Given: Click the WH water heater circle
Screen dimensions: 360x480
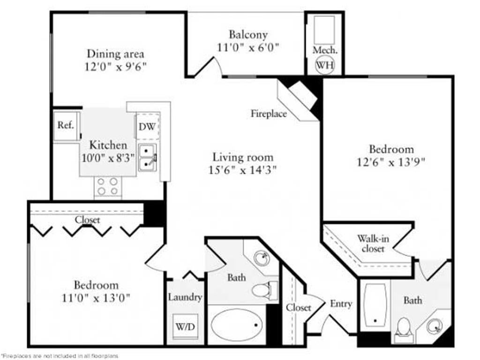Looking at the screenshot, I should pos(324,65).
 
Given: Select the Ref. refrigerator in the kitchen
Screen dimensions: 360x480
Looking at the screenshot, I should pos(66,125).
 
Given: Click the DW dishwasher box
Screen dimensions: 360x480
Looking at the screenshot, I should pos(147,126).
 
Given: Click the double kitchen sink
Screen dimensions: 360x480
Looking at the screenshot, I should pos(148,157).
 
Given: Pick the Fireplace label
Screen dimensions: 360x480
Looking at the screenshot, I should pos(268,113).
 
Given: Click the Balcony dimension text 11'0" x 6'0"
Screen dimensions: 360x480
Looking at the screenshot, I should pos(248,47).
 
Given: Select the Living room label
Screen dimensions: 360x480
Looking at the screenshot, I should pos(242,157).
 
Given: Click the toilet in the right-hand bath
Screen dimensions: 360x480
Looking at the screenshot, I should pos(404,328).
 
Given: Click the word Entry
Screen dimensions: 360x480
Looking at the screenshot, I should pos(341,304).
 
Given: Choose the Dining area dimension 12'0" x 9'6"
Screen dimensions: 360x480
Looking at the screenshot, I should pos(115,66).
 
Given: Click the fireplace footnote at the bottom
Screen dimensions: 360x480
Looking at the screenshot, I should pos(60,356).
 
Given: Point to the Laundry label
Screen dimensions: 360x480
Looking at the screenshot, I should pos(185,297).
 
